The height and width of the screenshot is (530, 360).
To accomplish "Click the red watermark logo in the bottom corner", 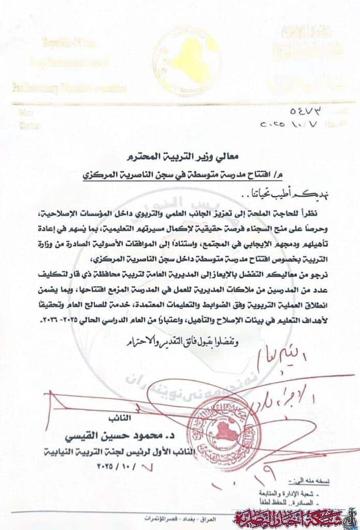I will [x=294, y=517].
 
